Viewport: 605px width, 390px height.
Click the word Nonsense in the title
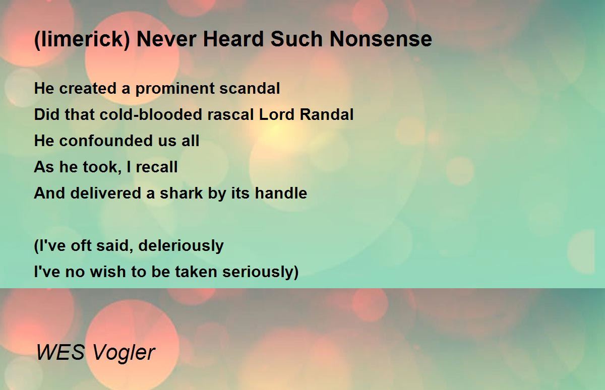tap(381, 39)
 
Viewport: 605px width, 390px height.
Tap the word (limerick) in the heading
tap(82, 40)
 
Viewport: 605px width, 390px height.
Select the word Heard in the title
tap(233, 39)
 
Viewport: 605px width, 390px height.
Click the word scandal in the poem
tap(250, 88)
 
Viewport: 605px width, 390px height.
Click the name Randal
tap(327, 114)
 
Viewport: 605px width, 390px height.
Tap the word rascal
tap(230, 114)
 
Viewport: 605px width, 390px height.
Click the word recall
tap(157, 167)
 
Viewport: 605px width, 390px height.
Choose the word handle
tap(281, 193)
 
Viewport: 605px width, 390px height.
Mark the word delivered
tap(105, 193)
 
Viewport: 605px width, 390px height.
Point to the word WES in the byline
tap(60, 352)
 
